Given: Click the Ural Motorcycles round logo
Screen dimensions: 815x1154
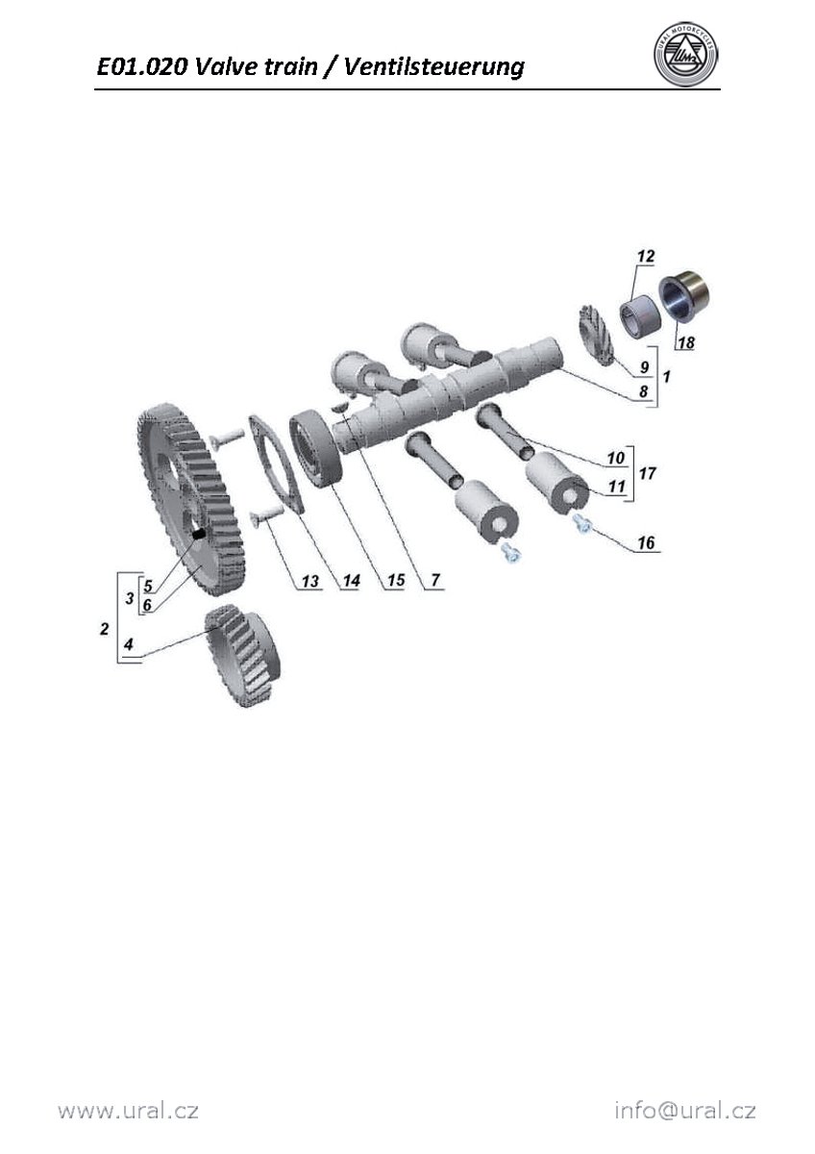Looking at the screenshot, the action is (x=686, y=54).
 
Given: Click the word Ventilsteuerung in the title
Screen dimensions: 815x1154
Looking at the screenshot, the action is (x=434, y=67).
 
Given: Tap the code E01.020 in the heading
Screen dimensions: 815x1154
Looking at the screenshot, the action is (x=141, y=67).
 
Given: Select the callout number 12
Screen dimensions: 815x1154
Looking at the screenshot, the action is (x=646, y=256).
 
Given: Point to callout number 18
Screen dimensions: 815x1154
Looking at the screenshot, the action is (x=686, y=342).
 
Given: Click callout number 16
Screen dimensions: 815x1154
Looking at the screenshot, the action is (x=646, y=542).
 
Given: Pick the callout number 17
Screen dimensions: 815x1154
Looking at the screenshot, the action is (x=647, y=473).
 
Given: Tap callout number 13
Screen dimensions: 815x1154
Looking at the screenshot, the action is (x=309, y=581).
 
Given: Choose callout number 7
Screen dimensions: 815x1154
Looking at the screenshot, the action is (x=435, y=580).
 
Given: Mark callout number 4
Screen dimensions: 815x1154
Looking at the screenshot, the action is (x=128, y=644).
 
